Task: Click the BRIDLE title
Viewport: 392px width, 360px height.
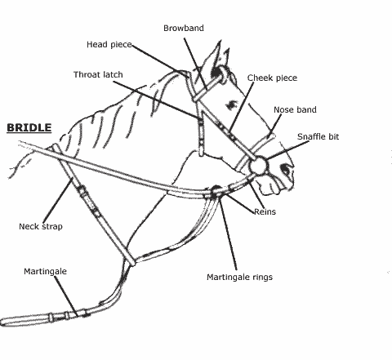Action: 29,128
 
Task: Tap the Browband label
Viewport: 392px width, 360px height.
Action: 184,28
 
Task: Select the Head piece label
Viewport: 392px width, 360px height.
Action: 109,44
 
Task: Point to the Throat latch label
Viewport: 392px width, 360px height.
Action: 98,74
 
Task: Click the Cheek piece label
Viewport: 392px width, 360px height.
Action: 272,78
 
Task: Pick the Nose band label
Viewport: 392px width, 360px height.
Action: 295,109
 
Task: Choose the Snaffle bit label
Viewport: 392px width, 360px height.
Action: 318,136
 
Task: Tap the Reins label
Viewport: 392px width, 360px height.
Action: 265,211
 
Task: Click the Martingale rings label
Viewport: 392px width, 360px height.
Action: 239,278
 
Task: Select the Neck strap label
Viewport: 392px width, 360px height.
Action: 41,226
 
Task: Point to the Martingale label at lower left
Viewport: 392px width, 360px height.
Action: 45,271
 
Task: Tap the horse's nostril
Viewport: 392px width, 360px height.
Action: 286,169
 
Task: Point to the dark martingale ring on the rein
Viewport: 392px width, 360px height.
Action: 216,192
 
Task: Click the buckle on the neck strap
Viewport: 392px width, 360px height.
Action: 82,191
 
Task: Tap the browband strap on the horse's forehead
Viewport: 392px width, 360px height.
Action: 206,87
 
